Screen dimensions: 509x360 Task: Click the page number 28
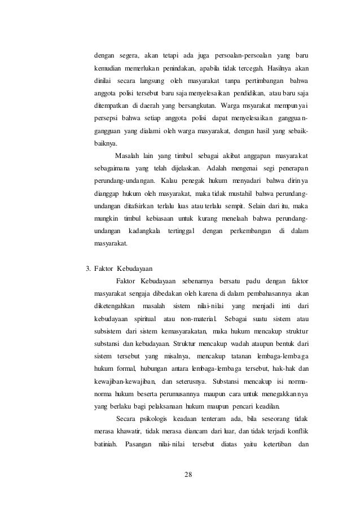188,473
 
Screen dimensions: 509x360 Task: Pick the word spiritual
142,319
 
